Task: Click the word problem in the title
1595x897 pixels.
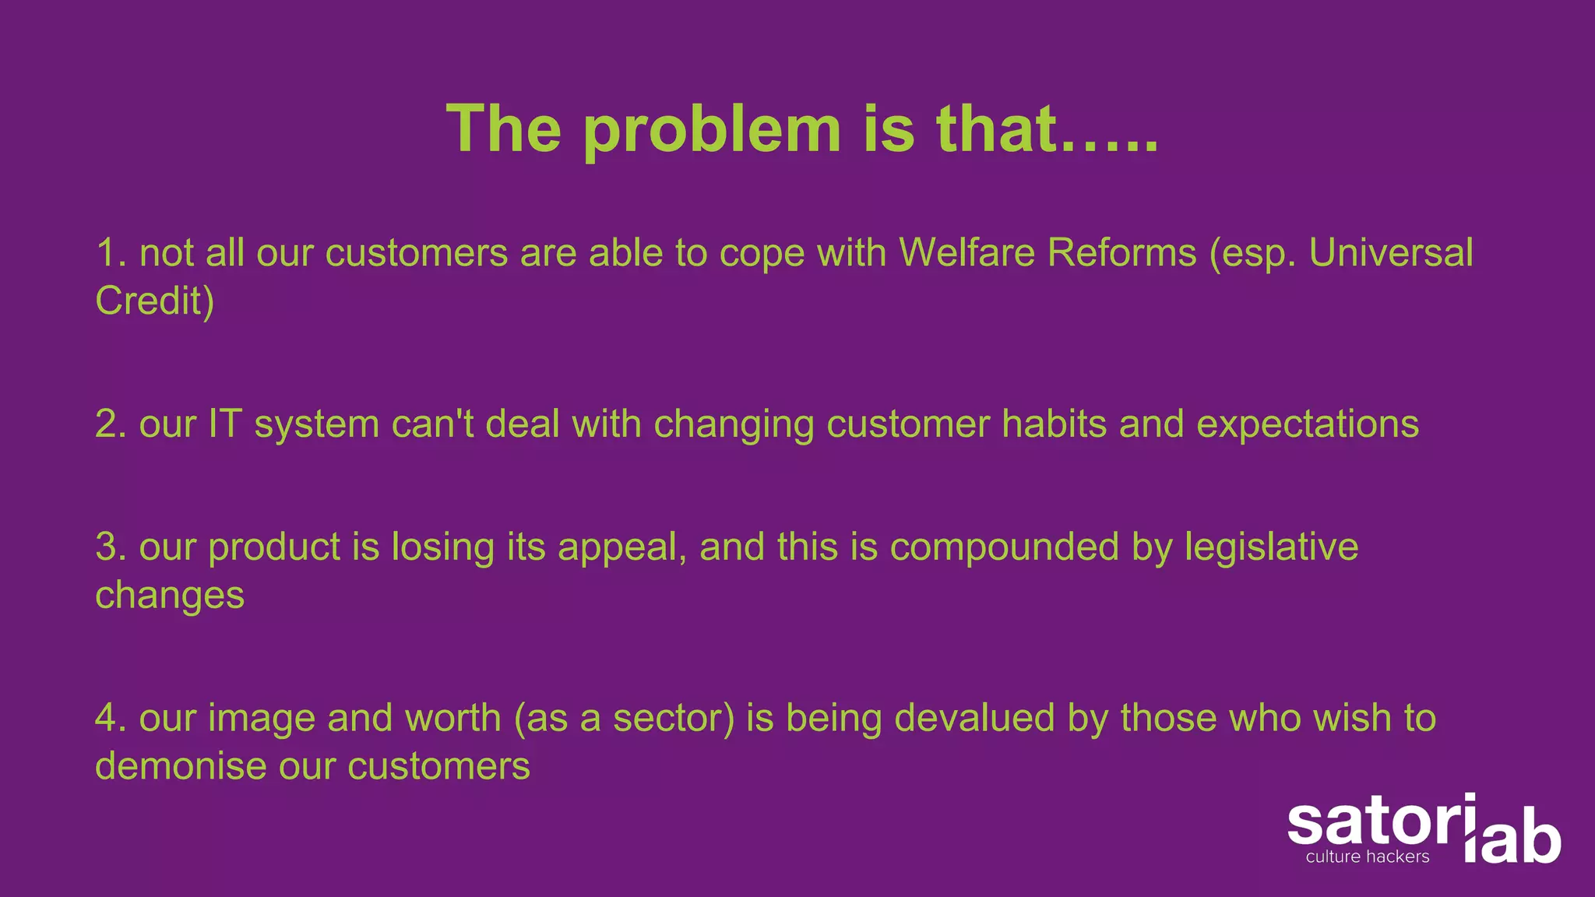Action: tap(712, 129)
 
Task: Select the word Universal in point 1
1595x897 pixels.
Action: tap(1391, 253)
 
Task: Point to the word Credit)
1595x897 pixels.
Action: tap(154, 301)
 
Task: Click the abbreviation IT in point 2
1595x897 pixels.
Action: tap(224, 424)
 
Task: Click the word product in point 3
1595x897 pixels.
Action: tap(274, 548)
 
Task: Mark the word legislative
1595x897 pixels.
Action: tap(1271, 548)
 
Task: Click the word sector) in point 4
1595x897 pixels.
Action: tap(674, 718)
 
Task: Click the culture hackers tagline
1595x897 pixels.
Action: tap(1368, 857)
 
